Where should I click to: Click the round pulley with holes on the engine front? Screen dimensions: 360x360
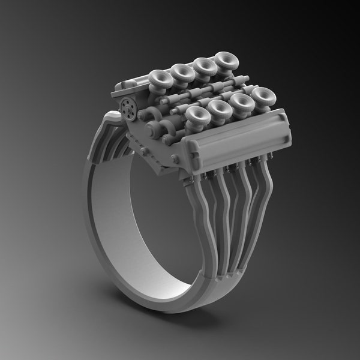click(x=127, y=108)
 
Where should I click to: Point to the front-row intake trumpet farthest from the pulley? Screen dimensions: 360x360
click(x=262, y=95)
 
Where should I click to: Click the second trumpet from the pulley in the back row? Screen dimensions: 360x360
click(x=182, y=71)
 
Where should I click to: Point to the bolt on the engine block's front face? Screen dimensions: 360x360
click(x=175, y=159)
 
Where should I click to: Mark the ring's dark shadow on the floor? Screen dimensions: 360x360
click(x=180, y=324)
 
